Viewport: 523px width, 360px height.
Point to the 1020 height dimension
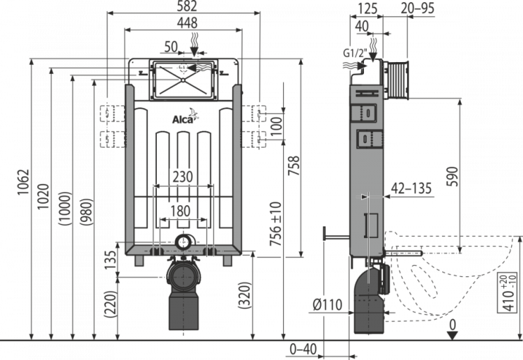(43, 197)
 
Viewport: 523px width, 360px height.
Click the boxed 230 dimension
(183, 177)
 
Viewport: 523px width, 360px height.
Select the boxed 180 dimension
(182, 210)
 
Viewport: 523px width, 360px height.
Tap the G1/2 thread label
(354, 53)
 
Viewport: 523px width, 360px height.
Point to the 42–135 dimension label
(412, 188)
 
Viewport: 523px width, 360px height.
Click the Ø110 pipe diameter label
(327, 304)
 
